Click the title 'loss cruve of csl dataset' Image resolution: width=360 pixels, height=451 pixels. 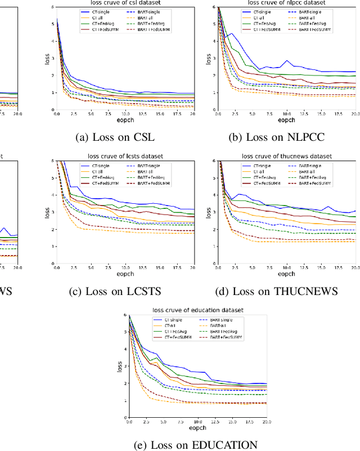coord(125,3)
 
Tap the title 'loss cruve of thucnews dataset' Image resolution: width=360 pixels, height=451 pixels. coord(287,156)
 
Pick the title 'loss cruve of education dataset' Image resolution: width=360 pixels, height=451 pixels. coord(197,310)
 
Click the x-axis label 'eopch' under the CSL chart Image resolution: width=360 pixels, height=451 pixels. coord(125,120)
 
